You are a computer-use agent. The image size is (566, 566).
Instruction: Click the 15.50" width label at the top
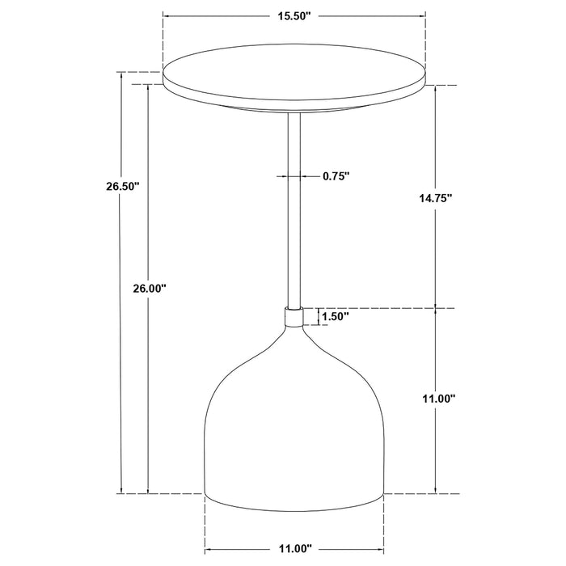click(294, 15)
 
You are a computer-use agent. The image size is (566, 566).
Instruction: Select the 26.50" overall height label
click(122, 186)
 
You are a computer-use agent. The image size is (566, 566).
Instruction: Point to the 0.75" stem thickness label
click(336, 175)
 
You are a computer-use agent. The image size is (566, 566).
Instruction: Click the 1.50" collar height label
click(334, 317)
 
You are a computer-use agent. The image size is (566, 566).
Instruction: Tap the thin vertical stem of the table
click(295, 210)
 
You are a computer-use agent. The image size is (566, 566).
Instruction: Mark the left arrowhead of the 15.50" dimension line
click(167, 15)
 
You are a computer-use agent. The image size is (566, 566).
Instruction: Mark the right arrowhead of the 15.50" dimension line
click(424, 15)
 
